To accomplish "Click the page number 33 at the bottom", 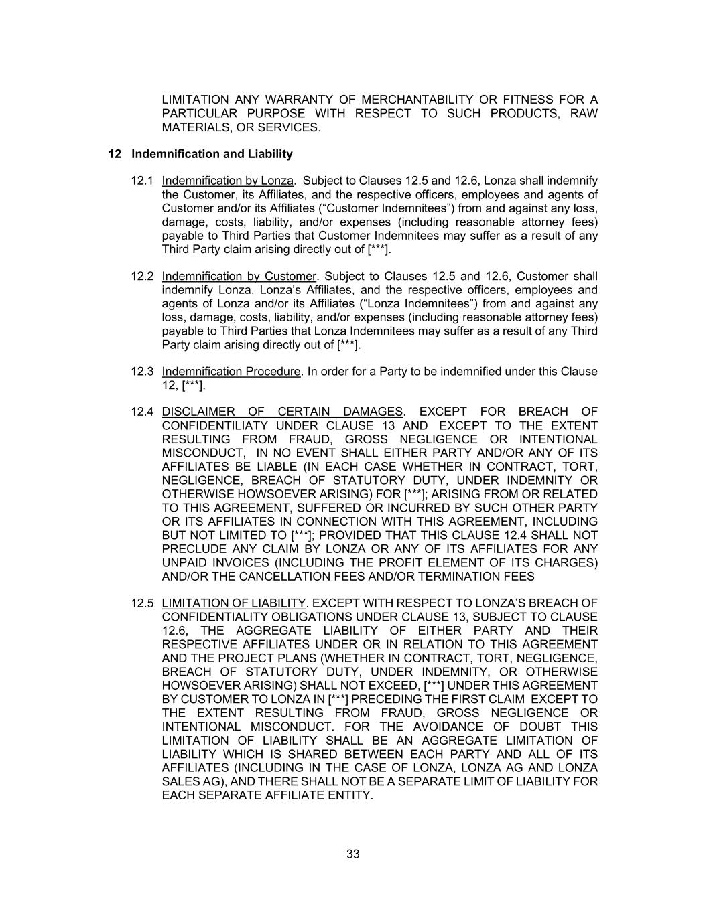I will tap(353, 854).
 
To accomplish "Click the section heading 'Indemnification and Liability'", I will tap(212, 154).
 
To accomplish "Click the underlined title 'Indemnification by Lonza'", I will tap(228, 181).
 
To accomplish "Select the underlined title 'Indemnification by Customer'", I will tap(239, 277).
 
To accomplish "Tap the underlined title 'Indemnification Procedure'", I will tap(231, 372).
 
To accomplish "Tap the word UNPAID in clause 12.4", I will tap(183, 562).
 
